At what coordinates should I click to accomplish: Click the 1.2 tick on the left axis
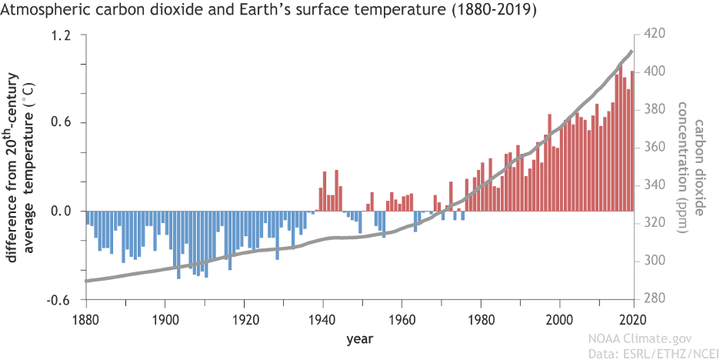pyautogui.click(x=62, y=35)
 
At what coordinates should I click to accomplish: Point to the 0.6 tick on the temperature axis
pyautogui.click(x=62, y=123)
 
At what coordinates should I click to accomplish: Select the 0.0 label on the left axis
pyautogui.click(x=62, y=211)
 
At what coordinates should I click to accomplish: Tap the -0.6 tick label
pyautogui.click(x=59, y=299)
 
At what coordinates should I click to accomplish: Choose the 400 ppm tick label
pyautogui.click(x=651, y=72)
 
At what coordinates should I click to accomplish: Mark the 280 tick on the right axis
pyautogui.click(x=651, y=298)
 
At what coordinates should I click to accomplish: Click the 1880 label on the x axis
pyautogui.click(x=85, y=318)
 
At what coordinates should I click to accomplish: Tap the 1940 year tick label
pyautogui.click(x=322, y=318)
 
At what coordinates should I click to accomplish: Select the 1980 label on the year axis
pyautogui.click(x=480, y=318)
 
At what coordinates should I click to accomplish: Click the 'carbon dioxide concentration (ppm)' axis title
pyautogui.click(x=692, y=167)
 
